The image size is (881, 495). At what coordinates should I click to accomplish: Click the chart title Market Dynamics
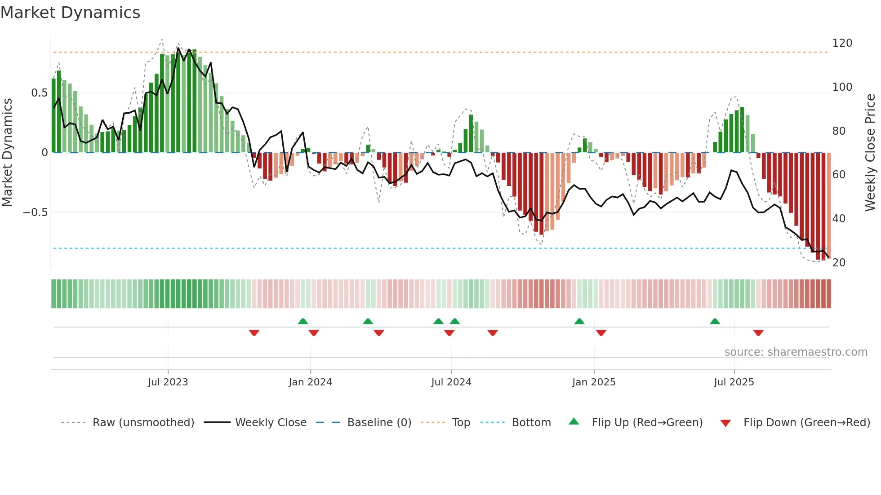pyautogui.click(x=70, y=13)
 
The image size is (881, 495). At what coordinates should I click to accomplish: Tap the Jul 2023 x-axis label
pyautogui.click(x=168, y=382)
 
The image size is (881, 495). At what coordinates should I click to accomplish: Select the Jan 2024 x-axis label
pyautogui.click(x=310, y=382)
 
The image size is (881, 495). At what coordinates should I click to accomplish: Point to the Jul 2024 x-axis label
pyautogui.click(x=451, y=382)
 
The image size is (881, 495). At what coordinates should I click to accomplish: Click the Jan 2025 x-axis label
pyautogui.click(x=594, y=382)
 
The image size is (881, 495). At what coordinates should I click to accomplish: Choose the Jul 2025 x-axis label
pyautogui.click(x=734, y=382)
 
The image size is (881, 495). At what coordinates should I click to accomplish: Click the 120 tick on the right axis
pyautogui.click(x=842, y=43)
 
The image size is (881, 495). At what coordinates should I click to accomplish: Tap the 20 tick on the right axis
pyautogui.click(x=839, y=263)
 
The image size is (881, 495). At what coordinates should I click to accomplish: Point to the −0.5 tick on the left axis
pyautogui.click(x=36, y=212)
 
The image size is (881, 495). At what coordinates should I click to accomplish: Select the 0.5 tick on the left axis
pyautogui.click(x=39, y=93)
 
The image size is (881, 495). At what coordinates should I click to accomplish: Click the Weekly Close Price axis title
pyautogui.click(x=870, y=153)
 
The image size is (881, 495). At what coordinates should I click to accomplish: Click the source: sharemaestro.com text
pyautogui.click(x=796, y=352)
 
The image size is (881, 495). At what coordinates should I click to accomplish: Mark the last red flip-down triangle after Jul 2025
pyautogui.click(x=758, y=333)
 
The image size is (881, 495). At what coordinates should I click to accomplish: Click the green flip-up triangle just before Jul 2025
pyautogui.click(x=715, y=321)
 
